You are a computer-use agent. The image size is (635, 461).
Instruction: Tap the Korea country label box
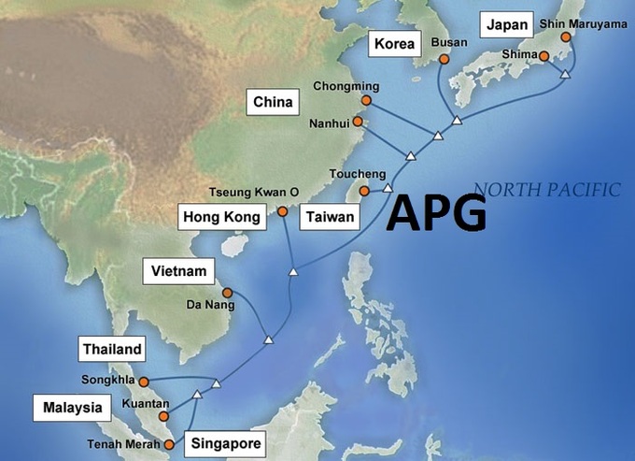(392, 43)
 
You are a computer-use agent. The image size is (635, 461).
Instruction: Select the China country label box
(271, 101)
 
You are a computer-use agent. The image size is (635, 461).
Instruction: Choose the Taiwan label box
(330, 218)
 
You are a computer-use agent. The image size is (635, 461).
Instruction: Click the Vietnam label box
(178, 271)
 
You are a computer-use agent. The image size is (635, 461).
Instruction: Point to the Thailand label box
(112, 350)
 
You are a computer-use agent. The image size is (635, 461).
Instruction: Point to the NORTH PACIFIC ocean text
(546, 190)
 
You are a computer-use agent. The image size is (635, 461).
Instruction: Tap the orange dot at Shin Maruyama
(566, 37)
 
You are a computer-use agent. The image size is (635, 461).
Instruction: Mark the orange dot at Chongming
(366, 100)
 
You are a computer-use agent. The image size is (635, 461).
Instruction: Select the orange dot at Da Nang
(227, 293)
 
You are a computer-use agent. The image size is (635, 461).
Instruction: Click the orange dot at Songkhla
(144, 382)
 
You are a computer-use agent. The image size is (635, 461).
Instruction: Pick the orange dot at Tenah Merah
(168, 445)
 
